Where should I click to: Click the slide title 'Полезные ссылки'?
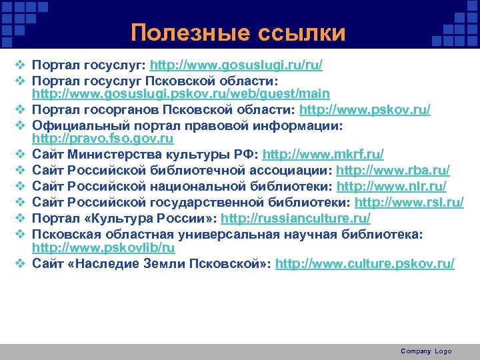pos(238,33)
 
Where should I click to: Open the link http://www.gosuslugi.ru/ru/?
pos(237,65)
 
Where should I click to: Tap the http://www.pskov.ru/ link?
pos(365,109)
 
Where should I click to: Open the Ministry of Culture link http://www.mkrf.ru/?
pos(323,154)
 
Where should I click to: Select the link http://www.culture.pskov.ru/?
pos(365,263)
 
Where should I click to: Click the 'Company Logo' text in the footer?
pos(426,351)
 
